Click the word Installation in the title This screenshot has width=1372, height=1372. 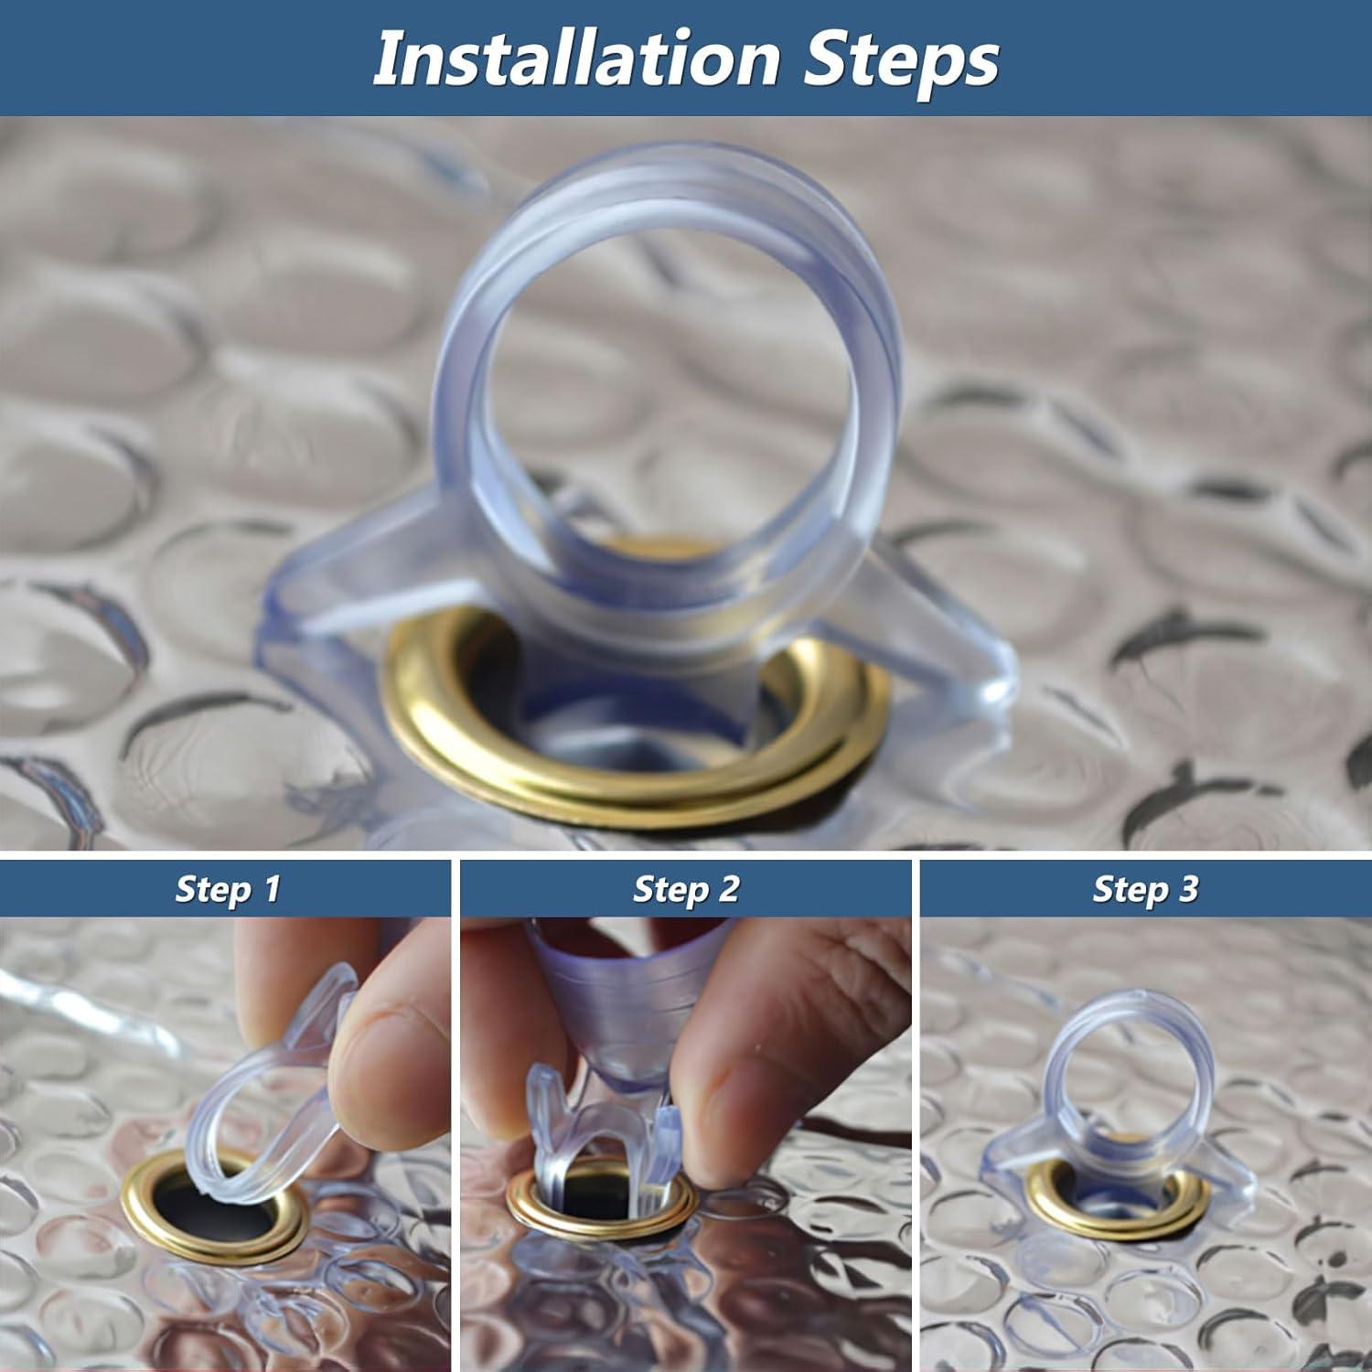(x=576, y=59)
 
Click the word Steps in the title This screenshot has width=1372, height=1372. (x=901, y=59)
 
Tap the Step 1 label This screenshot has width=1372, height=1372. (x=227, y=889)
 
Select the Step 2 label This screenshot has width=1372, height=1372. (x=686, y=889)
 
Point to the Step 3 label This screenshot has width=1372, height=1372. (x=1145, y=889)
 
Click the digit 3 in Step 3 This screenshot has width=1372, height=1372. (x=1187, y=889)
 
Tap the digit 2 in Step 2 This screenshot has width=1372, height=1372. (x=728, y=889)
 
